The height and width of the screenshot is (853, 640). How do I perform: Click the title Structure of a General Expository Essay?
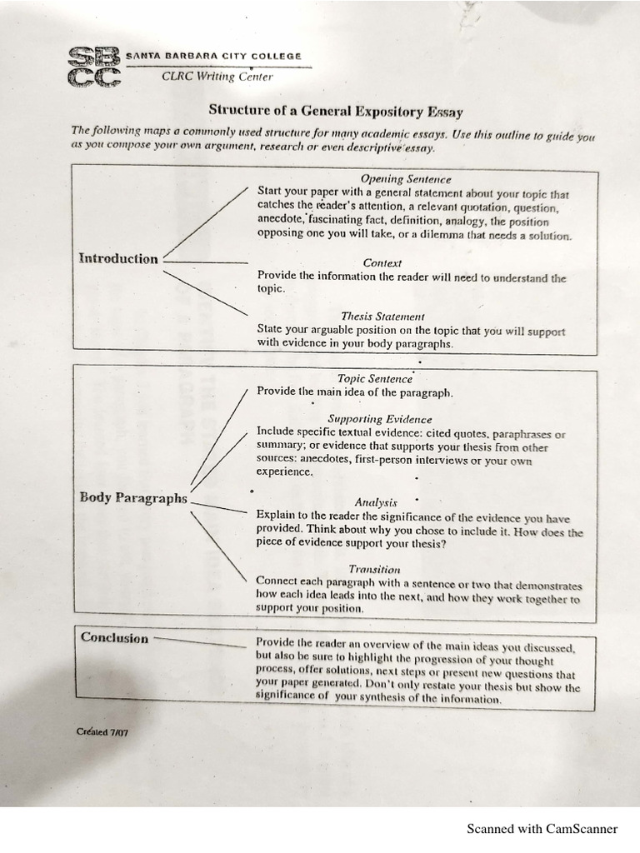click(x=335, y=111)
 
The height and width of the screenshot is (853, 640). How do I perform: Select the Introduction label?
click(x=118, y=258)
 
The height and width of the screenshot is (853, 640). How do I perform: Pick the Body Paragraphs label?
click(x=133, y=498)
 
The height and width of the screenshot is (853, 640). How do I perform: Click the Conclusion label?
click(x=115, y=638)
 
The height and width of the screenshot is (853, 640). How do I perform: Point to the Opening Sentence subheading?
click(x=406, y=179)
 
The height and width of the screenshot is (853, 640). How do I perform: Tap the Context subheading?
click(x=382, y=262)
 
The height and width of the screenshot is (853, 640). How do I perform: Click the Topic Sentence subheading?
click(x=375, y=378)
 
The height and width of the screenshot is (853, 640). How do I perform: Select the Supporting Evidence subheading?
click(x=379, y=419)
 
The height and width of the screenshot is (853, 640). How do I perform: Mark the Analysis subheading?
click(x=376, y=502)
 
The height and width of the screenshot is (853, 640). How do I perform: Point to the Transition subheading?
click(x=375, y=569)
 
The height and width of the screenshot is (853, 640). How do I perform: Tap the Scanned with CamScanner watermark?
click(x=542, y=829)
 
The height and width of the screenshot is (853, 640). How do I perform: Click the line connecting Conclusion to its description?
click(x=200, y=641)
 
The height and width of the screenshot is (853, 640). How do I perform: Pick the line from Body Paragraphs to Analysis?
click(x=218, y=506)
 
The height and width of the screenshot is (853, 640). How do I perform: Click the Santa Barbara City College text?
click(x=213, y=56)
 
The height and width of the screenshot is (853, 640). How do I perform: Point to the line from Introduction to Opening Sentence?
click(x=207, y=223)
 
